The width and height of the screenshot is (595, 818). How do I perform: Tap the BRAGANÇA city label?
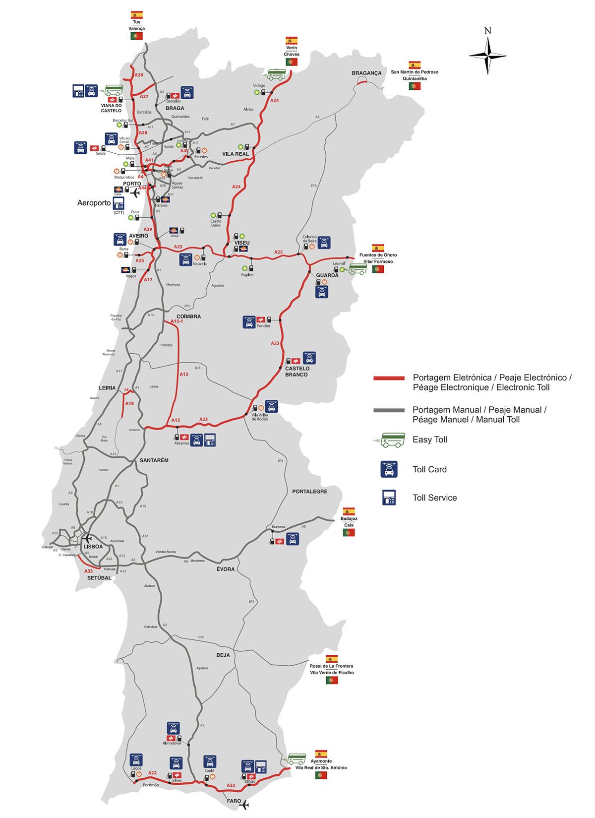click(366, 73)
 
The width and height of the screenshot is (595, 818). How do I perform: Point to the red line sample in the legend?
click(389, 378)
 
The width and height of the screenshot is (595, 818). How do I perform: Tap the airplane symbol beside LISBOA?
click(88, 538)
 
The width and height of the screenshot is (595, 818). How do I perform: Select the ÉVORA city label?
click(225, 569)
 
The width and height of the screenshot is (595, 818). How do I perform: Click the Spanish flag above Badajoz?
click(349, 511)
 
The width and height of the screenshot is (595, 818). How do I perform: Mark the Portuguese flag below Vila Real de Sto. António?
click(321, 775)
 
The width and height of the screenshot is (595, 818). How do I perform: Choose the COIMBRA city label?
click(188, 316)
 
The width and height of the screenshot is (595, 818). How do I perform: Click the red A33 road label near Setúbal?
click(88, 571)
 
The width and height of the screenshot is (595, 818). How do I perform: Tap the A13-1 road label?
click(177, 321)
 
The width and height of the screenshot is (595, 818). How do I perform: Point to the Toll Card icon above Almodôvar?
click(174, 729)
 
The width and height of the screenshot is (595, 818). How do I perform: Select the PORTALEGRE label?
click(309, 491)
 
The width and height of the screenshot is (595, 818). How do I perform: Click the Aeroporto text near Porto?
click(94, 203)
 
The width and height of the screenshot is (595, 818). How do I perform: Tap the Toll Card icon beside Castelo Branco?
click(309, 358)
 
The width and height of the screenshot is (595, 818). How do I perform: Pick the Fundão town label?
click(263, 326)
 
